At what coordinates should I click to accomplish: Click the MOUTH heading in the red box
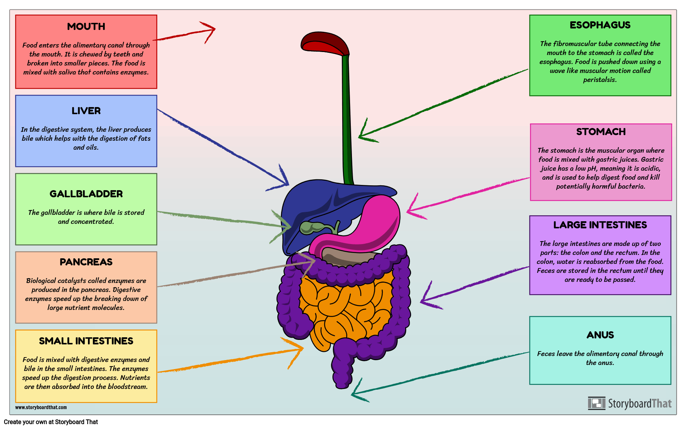click(x=86, y=27)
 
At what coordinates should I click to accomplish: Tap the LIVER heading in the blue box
click(x=86, y=111)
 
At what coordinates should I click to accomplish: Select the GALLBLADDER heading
click(x=86, y=194)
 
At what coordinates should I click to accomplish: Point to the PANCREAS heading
click(x=86, y=262)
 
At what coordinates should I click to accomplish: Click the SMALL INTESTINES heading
click(x=86, y=341)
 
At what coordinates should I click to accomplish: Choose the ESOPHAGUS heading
click(x=600, y=25)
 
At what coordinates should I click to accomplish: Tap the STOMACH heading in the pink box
click(x=601, y=132)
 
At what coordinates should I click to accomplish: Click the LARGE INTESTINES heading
click(x=600, y=225)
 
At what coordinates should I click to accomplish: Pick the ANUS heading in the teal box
click(x=600, y=335)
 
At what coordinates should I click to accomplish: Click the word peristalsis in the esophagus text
click(x=600, y=80)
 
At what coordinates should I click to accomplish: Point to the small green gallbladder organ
click(x=311, y=227)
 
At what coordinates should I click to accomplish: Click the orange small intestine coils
click(x=344, y=307)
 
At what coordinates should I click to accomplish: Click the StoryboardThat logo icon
click(x=596, y=403)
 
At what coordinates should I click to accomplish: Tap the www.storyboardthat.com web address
click(x=41, y=407)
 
